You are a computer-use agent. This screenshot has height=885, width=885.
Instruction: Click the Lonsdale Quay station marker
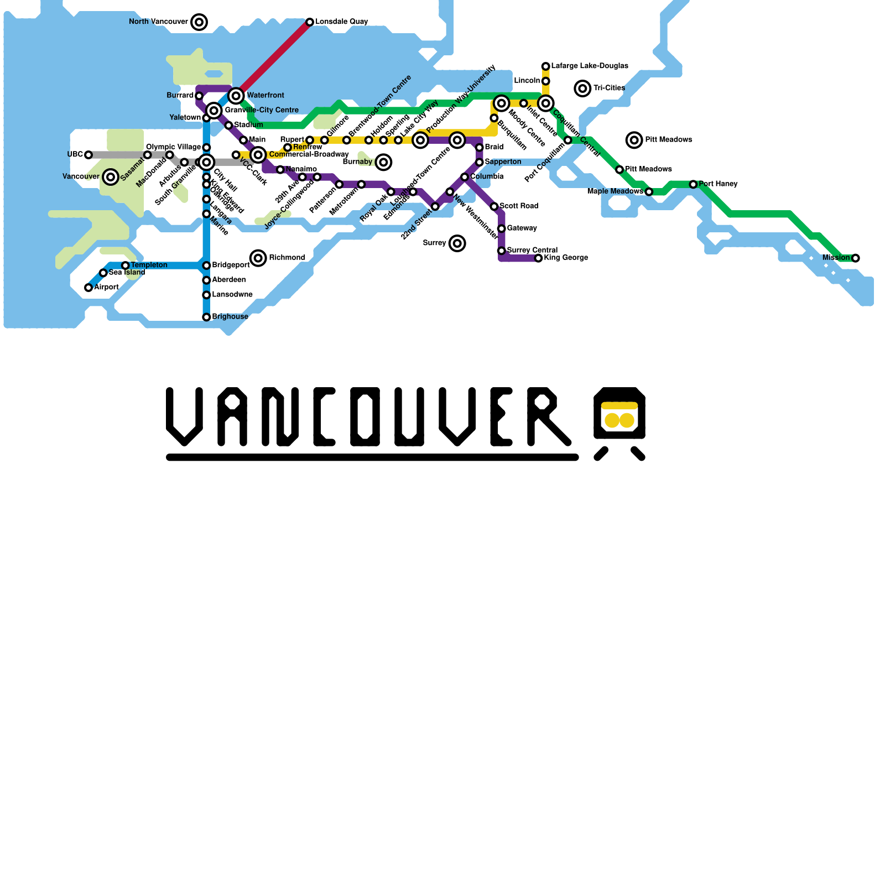[310, 22]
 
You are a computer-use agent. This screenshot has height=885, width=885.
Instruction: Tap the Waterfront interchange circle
[236, 96]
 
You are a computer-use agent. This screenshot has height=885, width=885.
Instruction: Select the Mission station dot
[856, 258]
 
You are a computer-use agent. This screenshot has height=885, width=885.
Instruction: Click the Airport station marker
[88, 288]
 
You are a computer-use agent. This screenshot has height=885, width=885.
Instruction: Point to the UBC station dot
[88, 155]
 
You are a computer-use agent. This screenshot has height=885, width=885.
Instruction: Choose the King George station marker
[538, 258]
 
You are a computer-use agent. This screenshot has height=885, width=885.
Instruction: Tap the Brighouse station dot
[206, 317]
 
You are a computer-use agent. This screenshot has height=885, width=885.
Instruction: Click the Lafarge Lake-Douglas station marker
[545, 66]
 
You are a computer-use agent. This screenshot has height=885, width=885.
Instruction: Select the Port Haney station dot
[693, 184]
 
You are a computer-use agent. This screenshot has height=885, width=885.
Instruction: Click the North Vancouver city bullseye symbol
[199, 22]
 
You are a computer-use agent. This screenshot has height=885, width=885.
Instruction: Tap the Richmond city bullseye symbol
[258, 258]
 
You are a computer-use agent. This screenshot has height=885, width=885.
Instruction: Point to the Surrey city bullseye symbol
[457, 243]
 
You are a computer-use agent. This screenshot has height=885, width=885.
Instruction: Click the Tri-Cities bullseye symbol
[582, 88]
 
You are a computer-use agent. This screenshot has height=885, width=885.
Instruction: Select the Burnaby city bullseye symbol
[383, 162]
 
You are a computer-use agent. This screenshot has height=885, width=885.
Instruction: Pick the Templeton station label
[149, 265]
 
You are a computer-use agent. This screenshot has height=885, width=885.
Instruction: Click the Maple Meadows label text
[615, 191]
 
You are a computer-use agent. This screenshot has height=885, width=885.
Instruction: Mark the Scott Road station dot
[494, 206]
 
